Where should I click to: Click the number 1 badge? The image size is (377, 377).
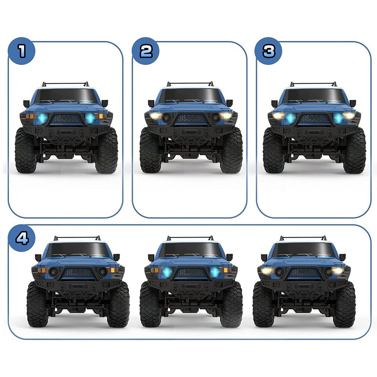point(22,51)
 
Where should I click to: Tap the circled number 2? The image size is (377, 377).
point(146,51)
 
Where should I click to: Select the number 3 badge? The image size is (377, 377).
point(269,51)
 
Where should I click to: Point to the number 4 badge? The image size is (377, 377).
point(22,238)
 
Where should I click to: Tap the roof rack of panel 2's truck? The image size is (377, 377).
point(190,84)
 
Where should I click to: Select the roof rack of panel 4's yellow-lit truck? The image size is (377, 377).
point(303,238)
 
